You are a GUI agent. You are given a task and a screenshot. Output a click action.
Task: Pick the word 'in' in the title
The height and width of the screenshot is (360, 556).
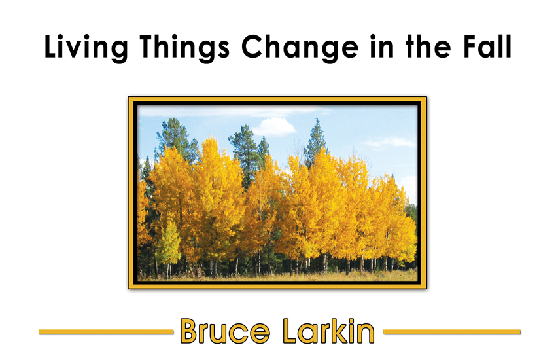[382, 46]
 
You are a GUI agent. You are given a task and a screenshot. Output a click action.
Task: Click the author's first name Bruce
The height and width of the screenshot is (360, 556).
[225, 331]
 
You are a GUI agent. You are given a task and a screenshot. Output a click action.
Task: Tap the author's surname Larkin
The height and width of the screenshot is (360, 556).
[329, 331]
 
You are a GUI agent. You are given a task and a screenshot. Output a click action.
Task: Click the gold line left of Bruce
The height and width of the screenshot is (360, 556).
[106, 332]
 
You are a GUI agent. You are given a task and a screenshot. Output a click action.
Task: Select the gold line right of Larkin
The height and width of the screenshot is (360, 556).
[452, 332]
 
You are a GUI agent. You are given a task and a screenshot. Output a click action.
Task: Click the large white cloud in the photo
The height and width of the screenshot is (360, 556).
[274, 128]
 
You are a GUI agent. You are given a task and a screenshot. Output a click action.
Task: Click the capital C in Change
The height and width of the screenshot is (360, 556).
[254, 46]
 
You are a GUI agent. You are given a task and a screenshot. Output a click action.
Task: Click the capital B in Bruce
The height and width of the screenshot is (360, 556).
[190, 331]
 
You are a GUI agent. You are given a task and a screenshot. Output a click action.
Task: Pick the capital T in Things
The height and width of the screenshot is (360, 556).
[149, 46]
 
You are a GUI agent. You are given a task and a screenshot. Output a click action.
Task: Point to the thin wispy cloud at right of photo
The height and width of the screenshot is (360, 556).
[389, 143]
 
